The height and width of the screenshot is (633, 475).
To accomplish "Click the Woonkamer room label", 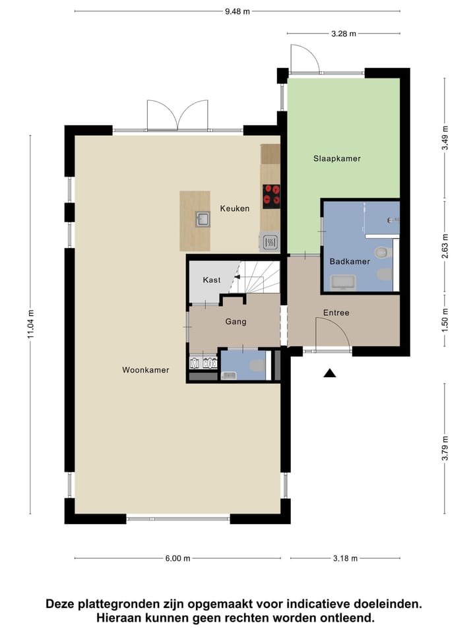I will click(145, 370).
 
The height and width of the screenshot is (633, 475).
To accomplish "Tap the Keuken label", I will click(235, 208).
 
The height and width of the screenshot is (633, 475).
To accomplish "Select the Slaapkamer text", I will click(336, 158).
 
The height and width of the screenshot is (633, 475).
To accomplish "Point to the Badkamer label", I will click(350, 261).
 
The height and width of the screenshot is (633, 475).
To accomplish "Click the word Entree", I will click(336, 313).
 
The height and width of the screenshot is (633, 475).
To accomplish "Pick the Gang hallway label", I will click(236, 322).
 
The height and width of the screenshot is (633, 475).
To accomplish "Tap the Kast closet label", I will click(212, 280).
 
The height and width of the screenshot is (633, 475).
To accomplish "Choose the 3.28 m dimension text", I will click(343, 33).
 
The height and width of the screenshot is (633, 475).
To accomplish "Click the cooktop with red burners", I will click(271, 196).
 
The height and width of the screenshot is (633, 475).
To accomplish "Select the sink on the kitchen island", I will click(202, 219).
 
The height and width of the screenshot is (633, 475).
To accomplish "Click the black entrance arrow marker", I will click(330, 373).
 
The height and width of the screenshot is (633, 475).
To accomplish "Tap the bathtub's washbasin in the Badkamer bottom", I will click(342, 283).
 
